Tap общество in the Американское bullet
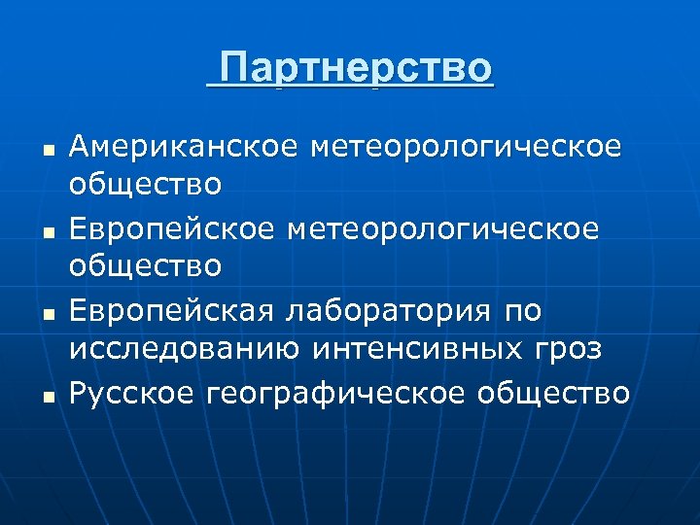[x=145, y=182]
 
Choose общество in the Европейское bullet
[x=145, y=263]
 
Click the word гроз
[x=568, y=345]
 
